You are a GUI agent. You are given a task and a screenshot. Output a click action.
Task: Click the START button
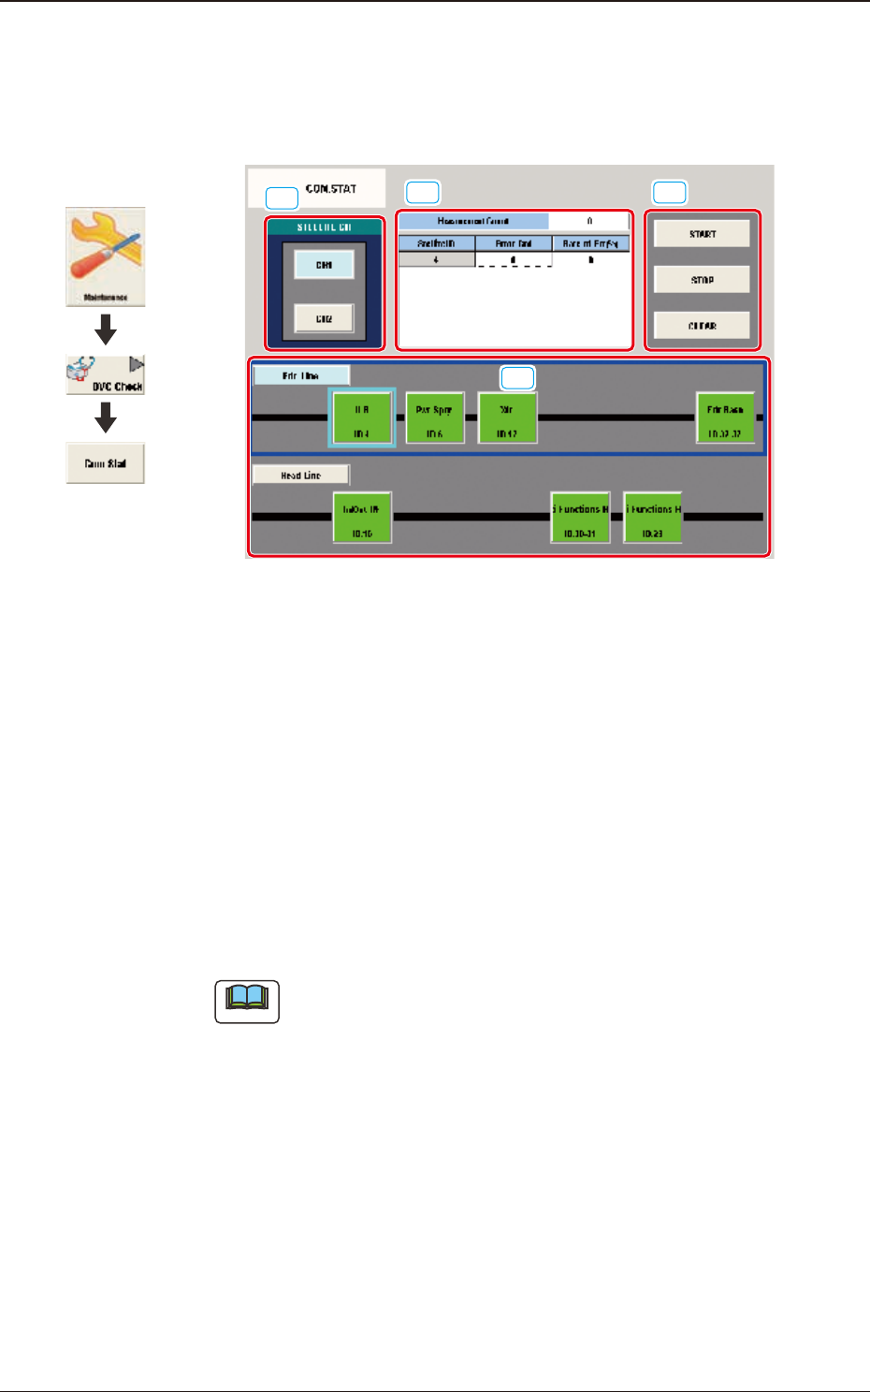pyautogui.click(x=702, y=233)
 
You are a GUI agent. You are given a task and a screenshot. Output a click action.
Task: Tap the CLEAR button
pyautogui.click(x=702, y=325)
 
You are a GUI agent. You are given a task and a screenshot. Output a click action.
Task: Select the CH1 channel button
pyautogui.click(x=324, y=265)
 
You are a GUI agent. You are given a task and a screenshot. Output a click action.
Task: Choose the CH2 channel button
pyautogui.click(x=324, y=318)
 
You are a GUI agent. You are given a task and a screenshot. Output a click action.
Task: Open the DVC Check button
pyautogui.click(x=106, y=375)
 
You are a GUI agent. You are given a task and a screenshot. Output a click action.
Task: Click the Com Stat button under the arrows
pyautogui.click(x=106, y=462)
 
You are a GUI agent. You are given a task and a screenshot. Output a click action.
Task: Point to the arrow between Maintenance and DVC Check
pyautogui.click(x=106, y=330)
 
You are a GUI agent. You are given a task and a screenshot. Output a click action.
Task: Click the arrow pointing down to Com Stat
pyautogui.click(x=106, y=418)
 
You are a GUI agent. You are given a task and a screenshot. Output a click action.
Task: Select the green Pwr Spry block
pyautogui.click(x=435, y=418)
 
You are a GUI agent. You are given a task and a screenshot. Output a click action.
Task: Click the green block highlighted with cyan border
pyautogui.click(x=362, y=418)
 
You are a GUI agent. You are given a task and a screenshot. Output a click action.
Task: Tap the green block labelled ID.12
pyautogui.click(x=507, y=418)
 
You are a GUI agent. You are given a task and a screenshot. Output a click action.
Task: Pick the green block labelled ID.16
pyautogui.click(x=362, y=518)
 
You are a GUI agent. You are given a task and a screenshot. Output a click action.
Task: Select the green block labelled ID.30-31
pyautogui.click(x=580, y=518)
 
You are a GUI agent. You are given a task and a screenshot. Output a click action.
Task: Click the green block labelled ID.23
pyautogui.click(x=653, y=518)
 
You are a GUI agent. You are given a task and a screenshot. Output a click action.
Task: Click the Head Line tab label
pyautogui.click(x=300, y=476)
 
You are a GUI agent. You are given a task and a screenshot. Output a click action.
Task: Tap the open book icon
pyautogui.click(x=247, y=1001)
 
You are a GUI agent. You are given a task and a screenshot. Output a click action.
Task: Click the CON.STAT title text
pyautogui.click(x=330, y=188)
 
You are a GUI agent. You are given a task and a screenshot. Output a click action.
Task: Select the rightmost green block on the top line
pyautogui.click(x=725, y=418)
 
